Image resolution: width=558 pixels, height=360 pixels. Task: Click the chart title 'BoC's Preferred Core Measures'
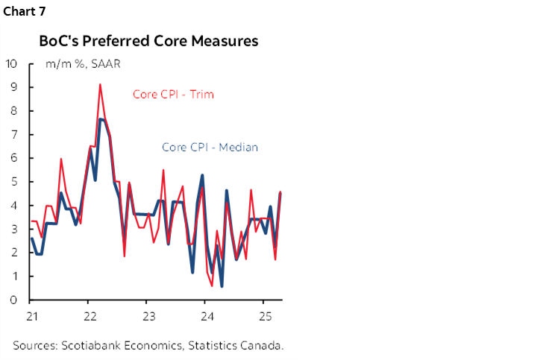(148, 41)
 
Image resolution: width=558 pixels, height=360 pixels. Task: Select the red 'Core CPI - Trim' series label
(174, 94)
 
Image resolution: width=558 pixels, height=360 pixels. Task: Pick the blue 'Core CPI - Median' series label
(210, 147)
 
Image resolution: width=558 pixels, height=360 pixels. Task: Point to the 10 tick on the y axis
(11, 63)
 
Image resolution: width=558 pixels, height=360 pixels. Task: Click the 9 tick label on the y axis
(13, 87)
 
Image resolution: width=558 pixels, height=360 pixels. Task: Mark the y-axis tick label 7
(13, 134)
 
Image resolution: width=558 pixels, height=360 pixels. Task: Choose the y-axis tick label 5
(13, 182)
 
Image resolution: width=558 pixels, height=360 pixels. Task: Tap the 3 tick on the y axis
(13, 229)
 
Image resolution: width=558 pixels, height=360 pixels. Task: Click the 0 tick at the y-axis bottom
(13, 300)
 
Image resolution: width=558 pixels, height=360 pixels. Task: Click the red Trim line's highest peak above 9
(100, 84)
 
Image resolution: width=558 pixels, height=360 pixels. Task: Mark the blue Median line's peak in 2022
(101, 119)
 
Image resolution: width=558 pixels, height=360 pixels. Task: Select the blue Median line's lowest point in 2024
(222, 286)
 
